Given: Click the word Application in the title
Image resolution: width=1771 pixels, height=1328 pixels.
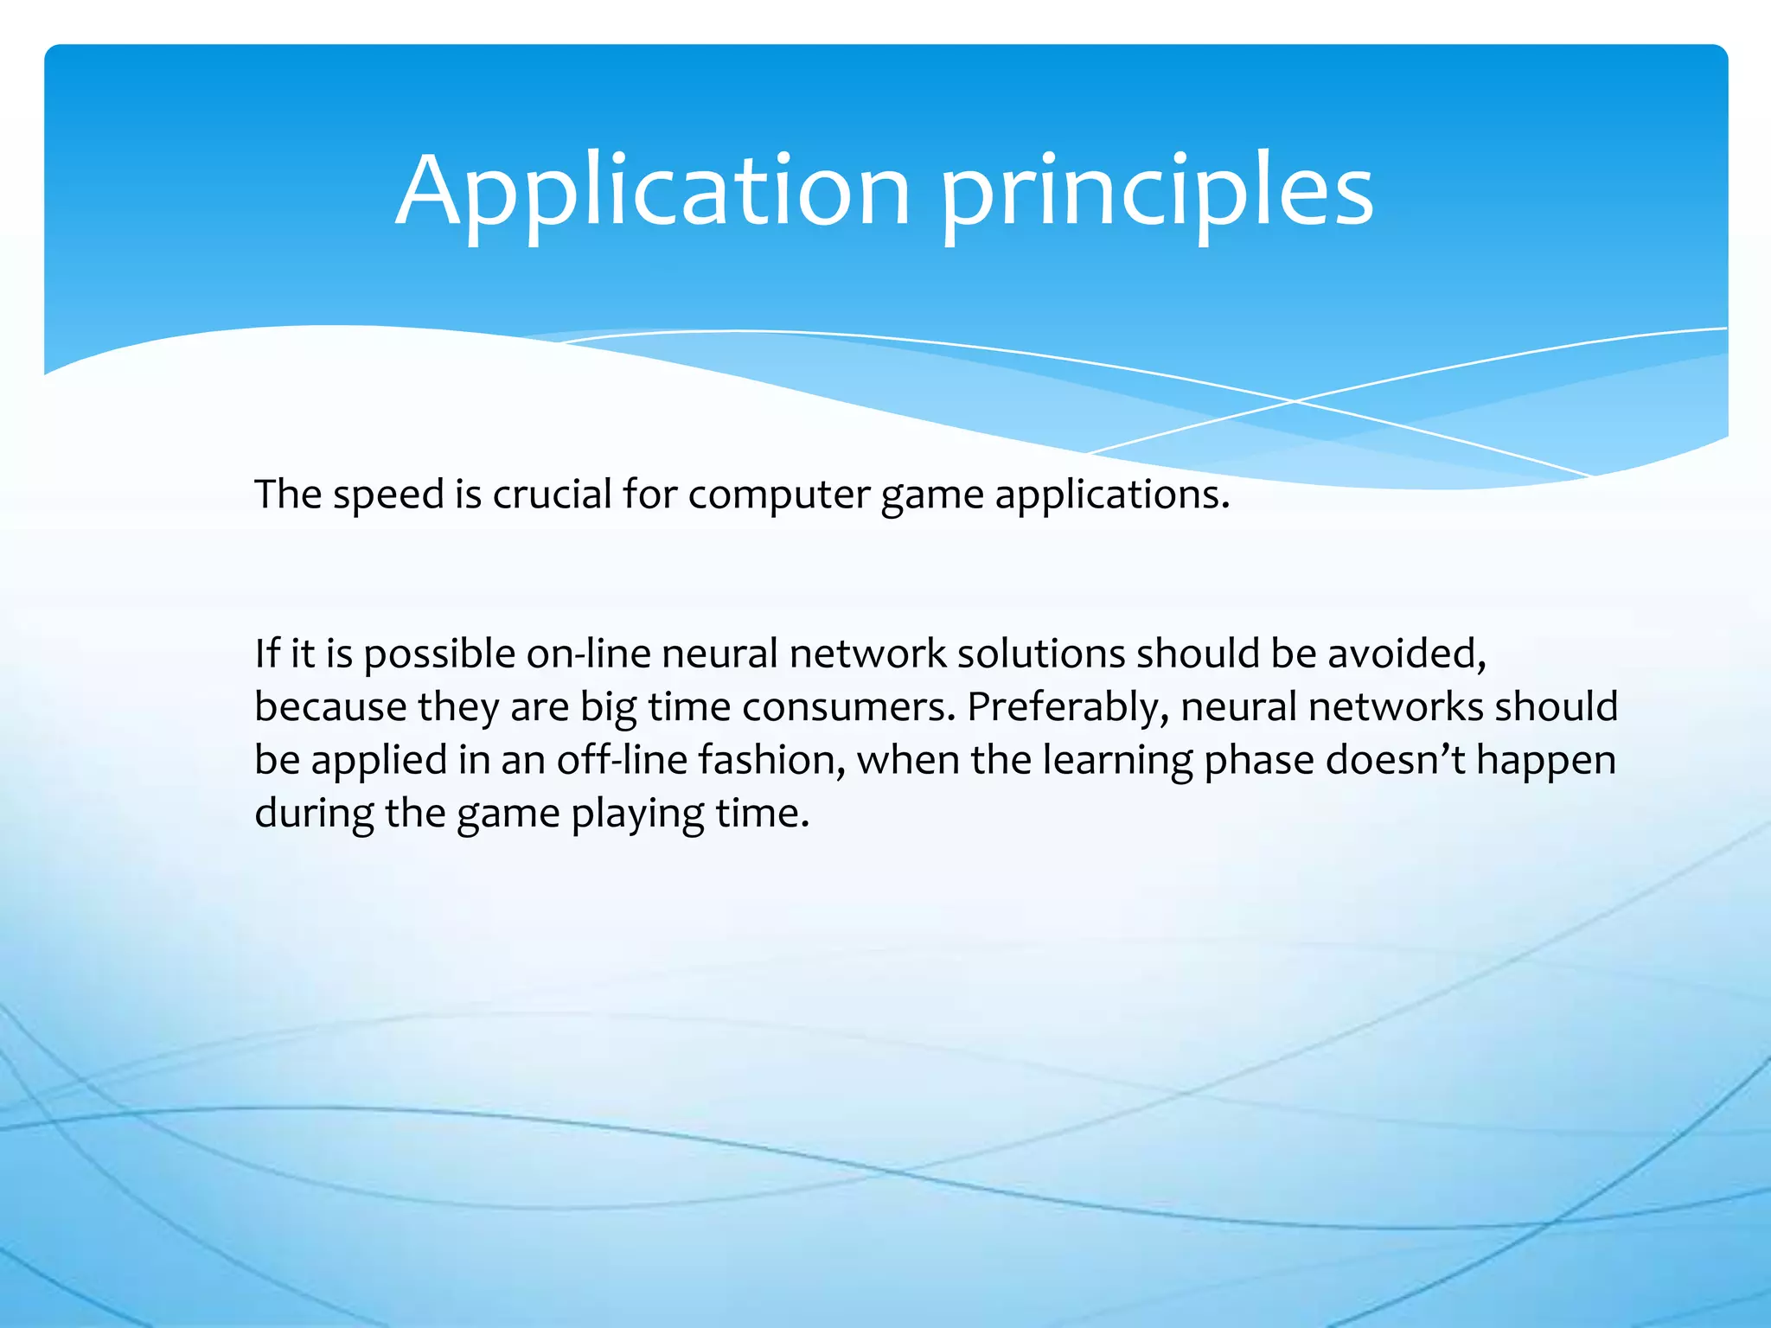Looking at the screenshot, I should click(653, 192).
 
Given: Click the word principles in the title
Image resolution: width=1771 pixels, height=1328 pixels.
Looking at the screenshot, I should click(1157, 192).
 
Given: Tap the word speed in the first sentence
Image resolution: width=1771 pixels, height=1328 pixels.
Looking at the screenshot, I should click(388, 495).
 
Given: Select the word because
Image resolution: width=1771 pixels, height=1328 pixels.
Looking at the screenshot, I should click(330, 707).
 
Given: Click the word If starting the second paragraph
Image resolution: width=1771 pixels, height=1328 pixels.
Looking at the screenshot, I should click(267, 654).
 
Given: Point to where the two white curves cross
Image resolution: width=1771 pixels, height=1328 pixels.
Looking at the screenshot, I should click(1295, 401).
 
